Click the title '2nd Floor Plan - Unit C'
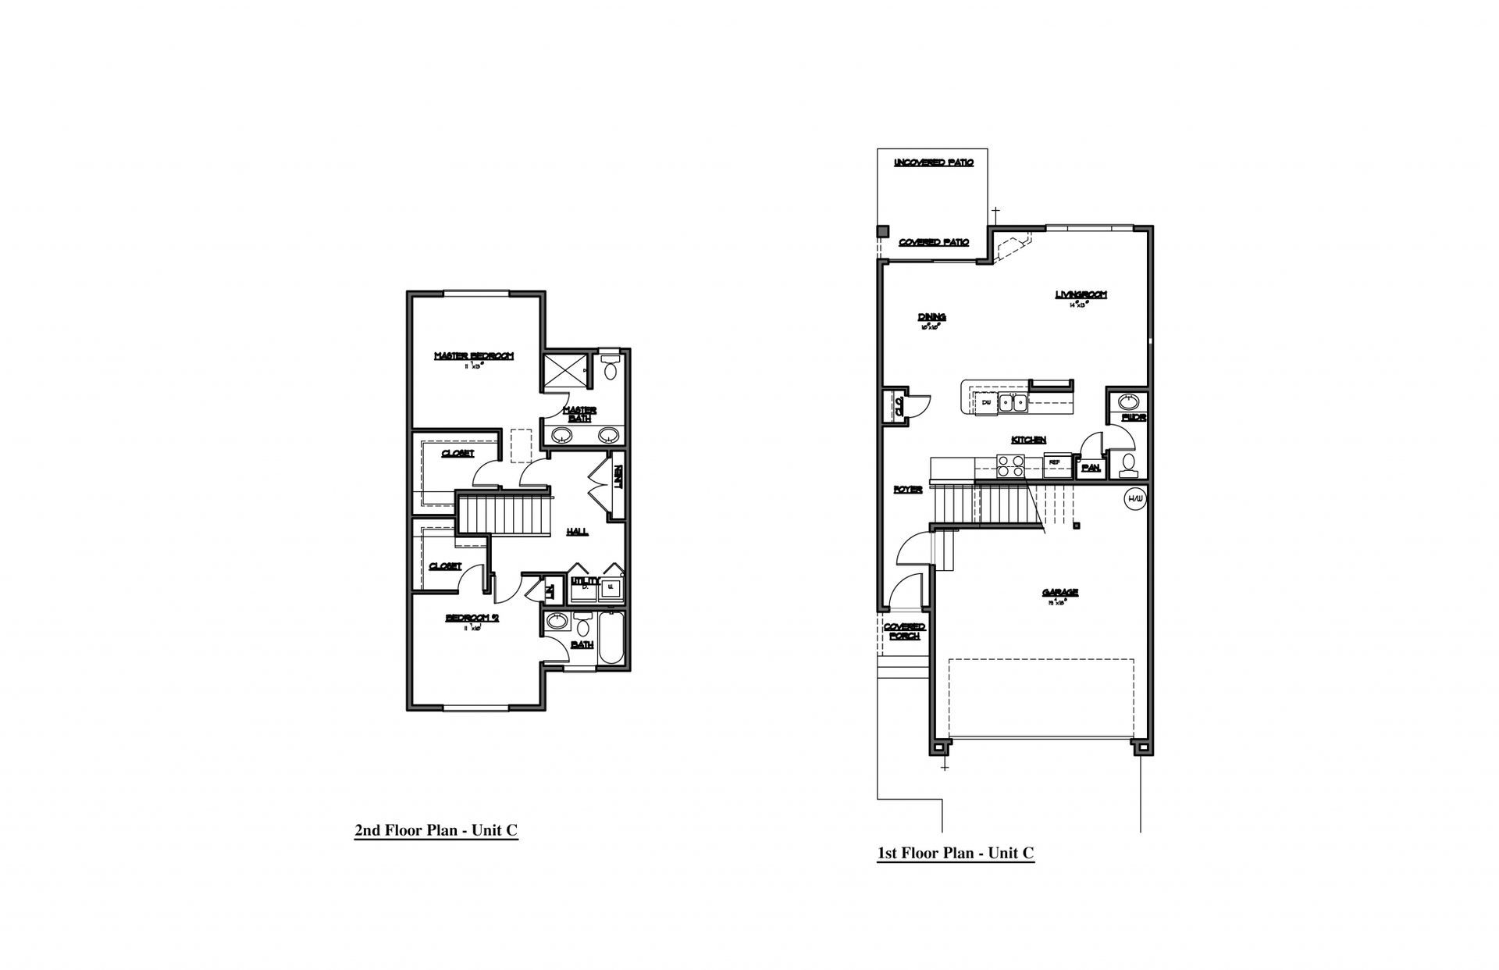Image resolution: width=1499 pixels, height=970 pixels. click(436, 830)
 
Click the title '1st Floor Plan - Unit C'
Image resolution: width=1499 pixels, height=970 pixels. click(956, 853)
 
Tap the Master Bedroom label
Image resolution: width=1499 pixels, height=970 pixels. click(474, 357)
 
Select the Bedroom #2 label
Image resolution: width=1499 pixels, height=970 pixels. click(472, 618)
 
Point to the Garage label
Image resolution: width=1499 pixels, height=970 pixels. click(1059, 593)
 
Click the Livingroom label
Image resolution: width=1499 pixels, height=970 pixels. click(1081, 295)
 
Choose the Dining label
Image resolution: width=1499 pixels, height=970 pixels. click(931, 317)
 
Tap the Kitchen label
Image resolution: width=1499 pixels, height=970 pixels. click(1028, 440)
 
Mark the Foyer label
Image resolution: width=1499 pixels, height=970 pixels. click(908, 490)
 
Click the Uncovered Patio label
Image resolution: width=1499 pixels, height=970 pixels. click(934, 162)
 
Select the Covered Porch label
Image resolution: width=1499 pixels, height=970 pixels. click(904, 631)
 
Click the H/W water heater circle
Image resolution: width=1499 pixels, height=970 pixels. click(1134, 498)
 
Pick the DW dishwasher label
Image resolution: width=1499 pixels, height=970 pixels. click(986, 402)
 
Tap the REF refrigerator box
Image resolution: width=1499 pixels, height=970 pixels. click(1054, 462)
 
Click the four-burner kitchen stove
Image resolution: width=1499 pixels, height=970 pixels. click(1011, 466)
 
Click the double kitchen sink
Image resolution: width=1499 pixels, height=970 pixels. click(1013, 403)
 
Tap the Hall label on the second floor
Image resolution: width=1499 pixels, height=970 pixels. click(577, 532)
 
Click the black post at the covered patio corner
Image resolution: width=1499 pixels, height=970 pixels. click(883, 231)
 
